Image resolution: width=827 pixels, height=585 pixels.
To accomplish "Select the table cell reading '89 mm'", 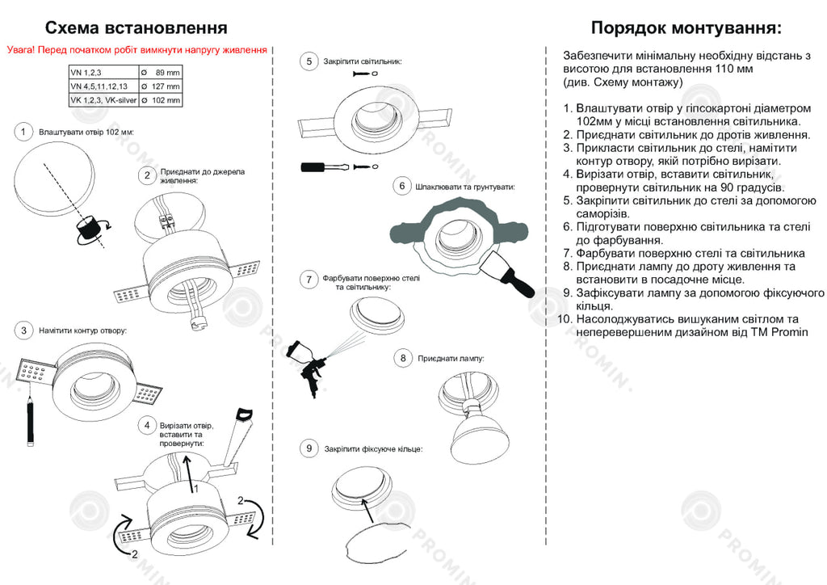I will point(162,72).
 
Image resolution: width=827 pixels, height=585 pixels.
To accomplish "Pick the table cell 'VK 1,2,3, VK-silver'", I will point(103,100).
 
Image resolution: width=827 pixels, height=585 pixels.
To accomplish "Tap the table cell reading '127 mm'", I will point(161,86).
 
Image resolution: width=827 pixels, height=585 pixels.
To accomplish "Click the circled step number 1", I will point(24,131).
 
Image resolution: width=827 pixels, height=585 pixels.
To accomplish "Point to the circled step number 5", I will point(309,61).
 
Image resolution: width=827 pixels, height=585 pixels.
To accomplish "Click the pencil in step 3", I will point(30,420).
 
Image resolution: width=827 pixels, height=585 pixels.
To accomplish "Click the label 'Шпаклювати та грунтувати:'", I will point(464,187).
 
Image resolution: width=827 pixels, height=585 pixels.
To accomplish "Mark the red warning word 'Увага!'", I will point(20,49).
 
